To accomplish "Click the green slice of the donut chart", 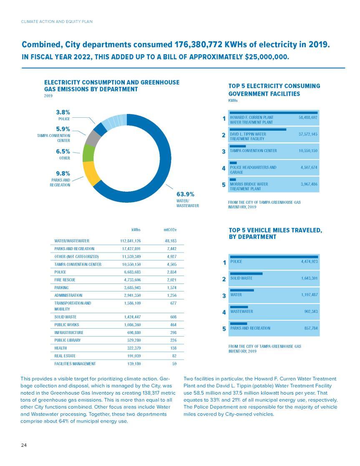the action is click(x=88, y=153).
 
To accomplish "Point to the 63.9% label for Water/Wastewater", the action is click(x=185, y=194).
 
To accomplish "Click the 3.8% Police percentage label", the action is click(x=63, y=112).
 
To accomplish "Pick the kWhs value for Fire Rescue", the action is click(x=132, y=280).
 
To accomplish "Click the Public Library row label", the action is click(x=68, y=340).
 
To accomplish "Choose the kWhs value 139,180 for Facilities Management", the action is click(x=134, y=363).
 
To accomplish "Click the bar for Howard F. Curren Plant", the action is click(x=274, y=113).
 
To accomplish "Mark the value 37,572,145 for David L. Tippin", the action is click(x=308, y=134).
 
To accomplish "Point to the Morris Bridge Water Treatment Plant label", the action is click(x=249, y=186).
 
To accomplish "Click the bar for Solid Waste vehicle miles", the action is click(x=247, y=274).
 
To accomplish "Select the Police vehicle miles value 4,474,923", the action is click(x=309, y=261).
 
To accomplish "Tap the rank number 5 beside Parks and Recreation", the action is click(x=224, y=329).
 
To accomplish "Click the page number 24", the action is click(x=24, y=445).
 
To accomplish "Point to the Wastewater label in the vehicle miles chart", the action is click(x=242, y=312).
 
